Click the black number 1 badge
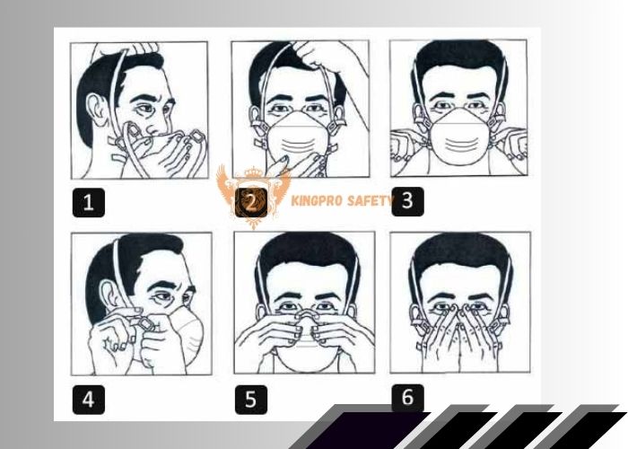pos(89,202)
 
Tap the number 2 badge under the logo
pos(250,202)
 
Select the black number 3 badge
pos(407,201)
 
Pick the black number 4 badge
pos(89,400)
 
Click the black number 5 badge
pos(250,400)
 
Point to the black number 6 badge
pos(407,398)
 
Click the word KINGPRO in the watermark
pos(316,200)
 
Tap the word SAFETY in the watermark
pos(369,200)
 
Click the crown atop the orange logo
pos(253,172)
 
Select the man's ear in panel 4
pos(109,295)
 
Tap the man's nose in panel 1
pos(154,128)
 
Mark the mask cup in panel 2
pos(297,138)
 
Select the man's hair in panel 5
pos(308,252)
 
